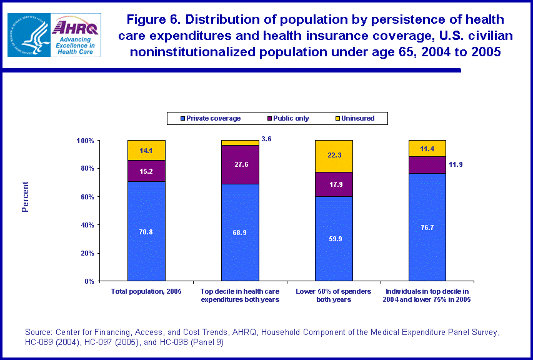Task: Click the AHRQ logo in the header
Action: pos(77,35)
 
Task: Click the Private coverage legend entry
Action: pos(210,118)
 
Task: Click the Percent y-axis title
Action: pos(26,197)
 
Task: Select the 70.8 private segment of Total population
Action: pos(146,231)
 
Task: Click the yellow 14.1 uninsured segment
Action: pos(146,150)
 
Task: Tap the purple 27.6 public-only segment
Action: pos(240,164)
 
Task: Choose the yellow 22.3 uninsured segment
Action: pos(334,156)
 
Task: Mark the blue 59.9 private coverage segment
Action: pos(334,239)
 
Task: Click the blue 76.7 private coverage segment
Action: pos(427,227)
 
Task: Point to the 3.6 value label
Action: pos(266,139)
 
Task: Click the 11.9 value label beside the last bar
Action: pos(454,165)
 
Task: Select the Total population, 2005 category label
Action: pos(146,292)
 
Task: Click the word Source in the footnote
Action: pos(37,332)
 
